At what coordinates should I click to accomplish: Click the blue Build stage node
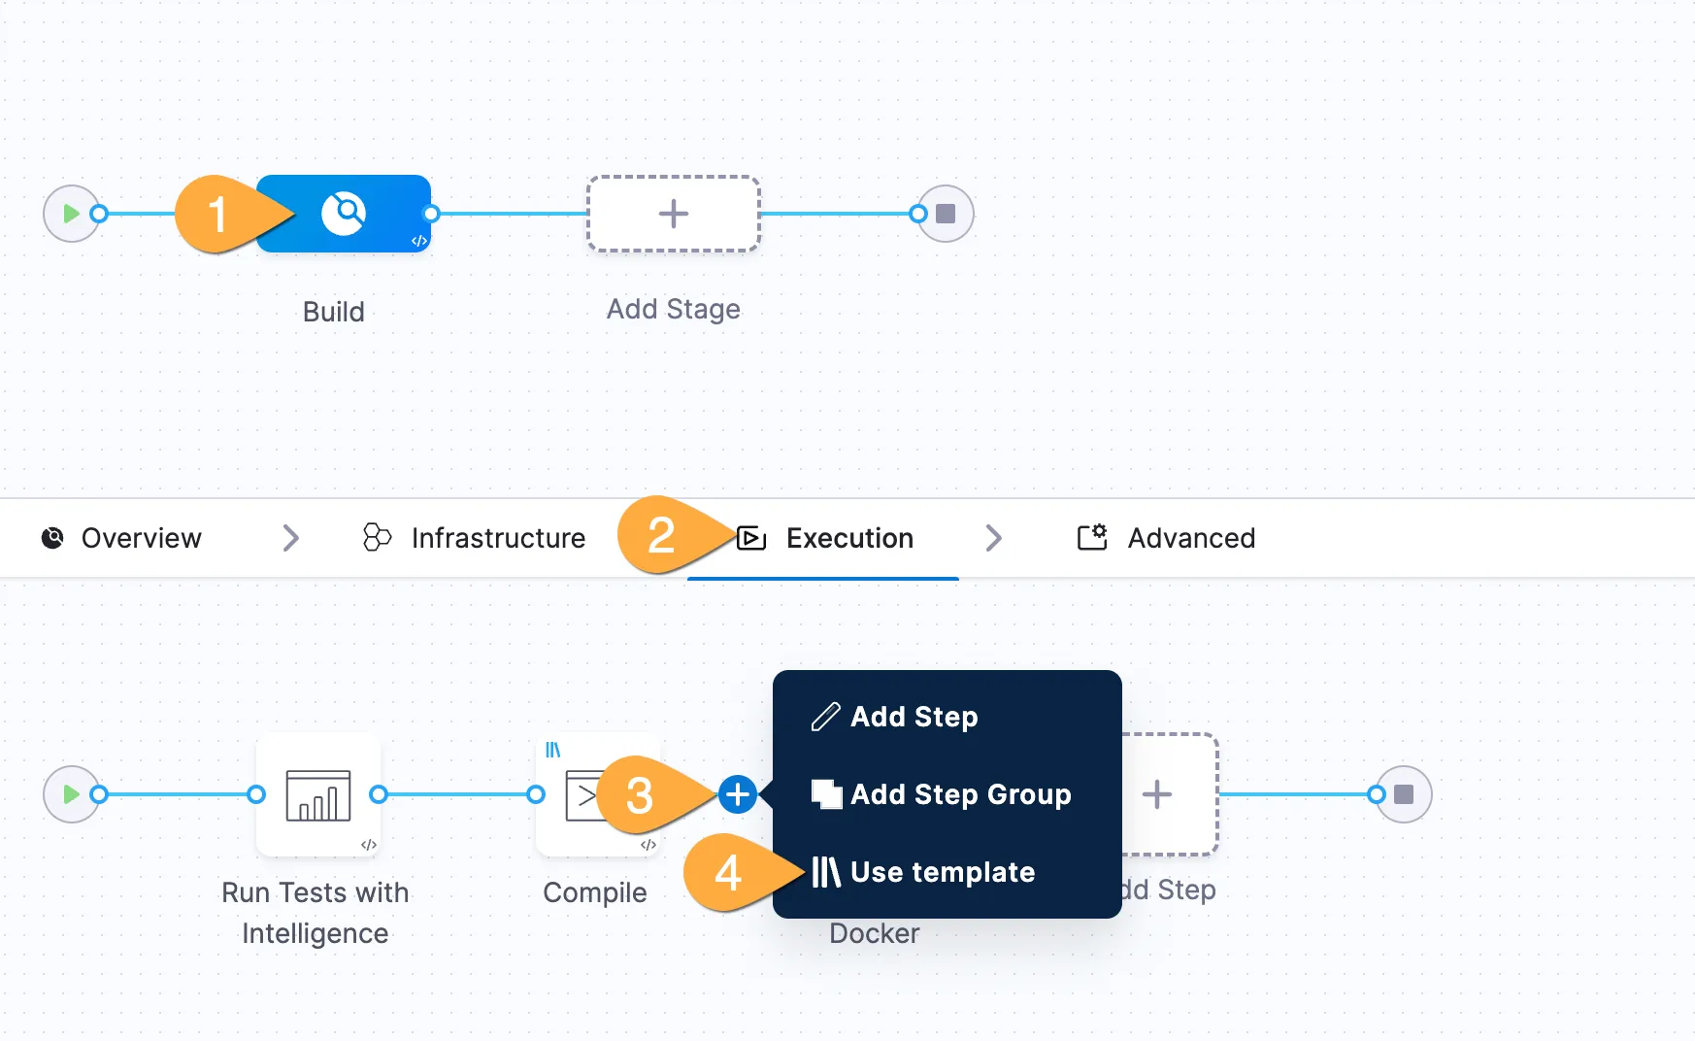point(344,214)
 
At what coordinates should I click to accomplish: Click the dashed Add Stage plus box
point(674,214)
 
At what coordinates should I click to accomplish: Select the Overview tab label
point(141,538)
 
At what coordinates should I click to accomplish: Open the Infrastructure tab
point(498,538)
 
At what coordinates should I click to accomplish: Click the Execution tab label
point(849,538)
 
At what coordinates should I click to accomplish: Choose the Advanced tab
point(1191,538)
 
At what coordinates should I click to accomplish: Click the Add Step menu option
point(914,717)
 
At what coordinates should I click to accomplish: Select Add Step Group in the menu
point(960,794)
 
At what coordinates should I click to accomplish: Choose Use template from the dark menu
point(942,872)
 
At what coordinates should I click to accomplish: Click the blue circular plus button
point(738,794)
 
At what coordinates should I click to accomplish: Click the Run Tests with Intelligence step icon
point(318,794)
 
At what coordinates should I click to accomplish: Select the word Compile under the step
point(595,892)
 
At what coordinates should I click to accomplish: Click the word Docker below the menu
point(874,933)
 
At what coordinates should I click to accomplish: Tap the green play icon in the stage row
point(71,214)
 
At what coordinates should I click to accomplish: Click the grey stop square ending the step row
point(1404,794)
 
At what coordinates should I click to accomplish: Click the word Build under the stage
point(333,312)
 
